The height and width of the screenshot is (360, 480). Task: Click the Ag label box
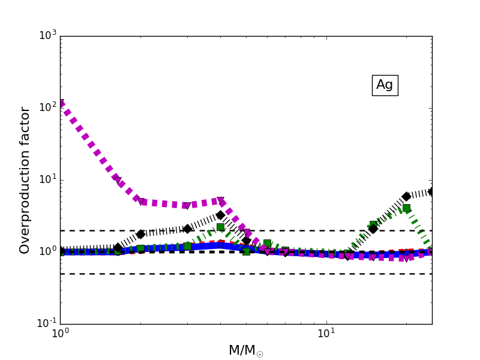(385, 85)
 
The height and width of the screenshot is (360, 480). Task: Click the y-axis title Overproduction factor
(25, 180)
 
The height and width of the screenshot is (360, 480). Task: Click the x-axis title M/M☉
(245, 350)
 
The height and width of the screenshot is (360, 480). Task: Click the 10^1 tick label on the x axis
(326, 332)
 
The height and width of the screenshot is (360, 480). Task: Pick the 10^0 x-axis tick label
(60, 332)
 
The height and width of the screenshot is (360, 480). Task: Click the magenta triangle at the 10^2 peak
(61, 103)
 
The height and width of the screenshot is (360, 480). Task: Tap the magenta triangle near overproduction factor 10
(118, 181)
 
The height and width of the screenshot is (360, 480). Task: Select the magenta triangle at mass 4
(220, 201)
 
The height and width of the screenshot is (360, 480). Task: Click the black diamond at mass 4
(220, 215)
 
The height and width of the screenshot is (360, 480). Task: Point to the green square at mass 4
(220, 227)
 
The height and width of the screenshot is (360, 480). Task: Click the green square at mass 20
(406, 208)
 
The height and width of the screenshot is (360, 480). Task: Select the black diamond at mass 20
(406, 196)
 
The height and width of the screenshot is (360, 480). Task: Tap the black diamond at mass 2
(140, 234)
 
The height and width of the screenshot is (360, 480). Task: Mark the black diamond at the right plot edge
(431, 191)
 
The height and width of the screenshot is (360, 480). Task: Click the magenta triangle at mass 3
(187, 206)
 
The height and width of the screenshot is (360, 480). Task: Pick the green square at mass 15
(373, 224)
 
